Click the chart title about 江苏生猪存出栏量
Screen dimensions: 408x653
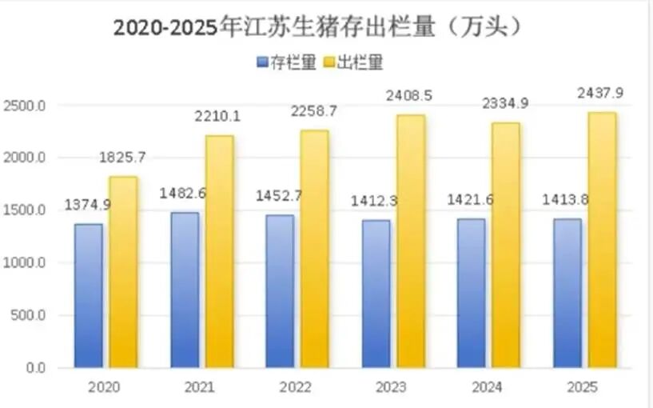click(x=318, y=26)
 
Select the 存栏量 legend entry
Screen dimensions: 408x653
click(x=287, y=62)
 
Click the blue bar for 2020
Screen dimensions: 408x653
click(x=89, y=296)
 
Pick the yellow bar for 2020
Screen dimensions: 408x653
click(x=124, y=272)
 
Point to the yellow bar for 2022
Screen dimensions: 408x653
click(x=314, y=249)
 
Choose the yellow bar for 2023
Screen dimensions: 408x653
click(x=410, y=241)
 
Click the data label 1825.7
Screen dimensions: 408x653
click(x=124, y=157)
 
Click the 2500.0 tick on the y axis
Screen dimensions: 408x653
click(x=26, y=106)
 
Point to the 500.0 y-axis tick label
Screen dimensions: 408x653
click(x=29, y=315)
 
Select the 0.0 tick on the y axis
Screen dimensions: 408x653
click(x=34, y=367)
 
